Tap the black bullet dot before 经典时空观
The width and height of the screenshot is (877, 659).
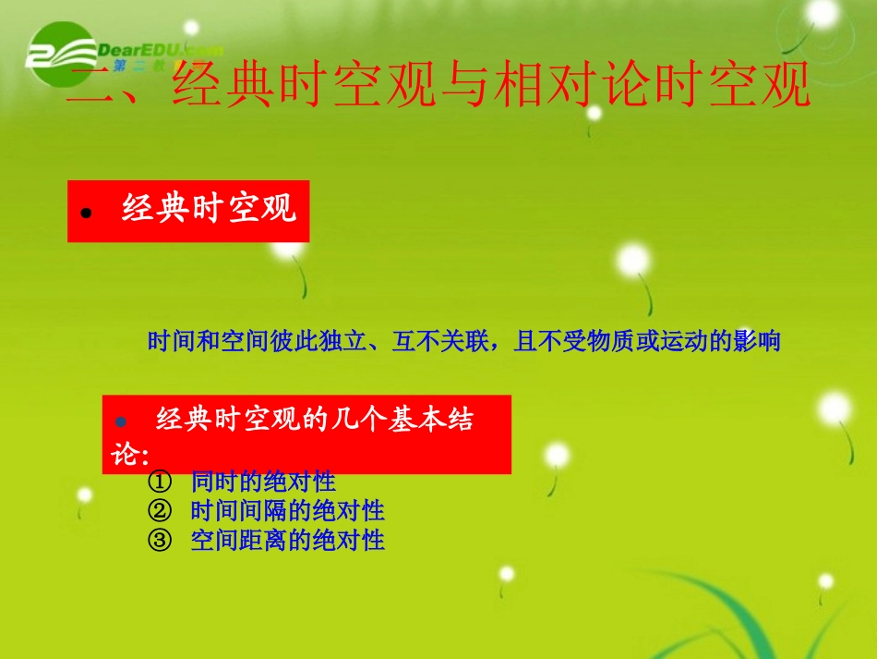87,213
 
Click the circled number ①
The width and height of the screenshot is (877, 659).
158,482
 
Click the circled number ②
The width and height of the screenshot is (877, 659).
158,510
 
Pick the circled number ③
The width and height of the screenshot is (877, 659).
158,540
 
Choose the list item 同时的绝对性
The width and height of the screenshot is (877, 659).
263,482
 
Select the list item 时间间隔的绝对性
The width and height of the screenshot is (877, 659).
287,510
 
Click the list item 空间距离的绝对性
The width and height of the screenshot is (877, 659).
287,540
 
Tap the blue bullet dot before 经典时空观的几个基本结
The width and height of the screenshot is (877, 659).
120,421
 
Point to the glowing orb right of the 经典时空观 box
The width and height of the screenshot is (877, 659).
632,260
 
